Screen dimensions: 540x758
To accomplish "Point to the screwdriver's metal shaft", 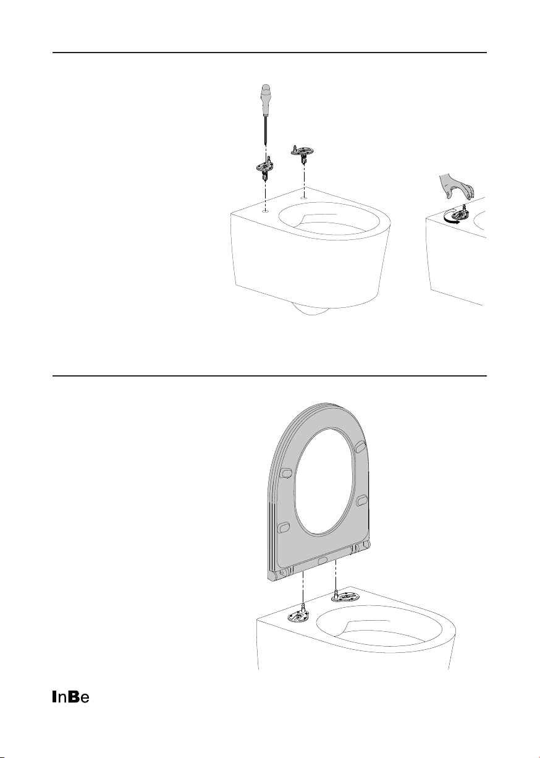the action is pyautogui.click(x=266, y=130).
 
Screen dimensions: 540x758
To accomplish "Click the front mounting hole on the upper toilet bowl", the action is pyautogui.click(x=266, y=211).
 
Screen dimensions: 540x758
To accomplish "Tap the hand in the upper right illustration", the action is pyautogui.click(x=457, y=186).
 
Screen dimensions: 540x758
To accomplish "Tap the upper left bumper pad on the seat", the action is pyautogui.click(x=287, y=472).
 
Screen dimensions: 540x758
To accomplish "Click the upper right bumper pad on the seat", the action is pyautogui.click(x=360, y=446).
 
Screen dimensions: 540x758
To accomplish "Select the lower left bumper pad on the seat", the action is pyautogui.click(x=284, y=527).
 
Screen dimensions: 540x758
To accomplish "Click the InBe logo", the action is pyautogui.click(x=70, y=697).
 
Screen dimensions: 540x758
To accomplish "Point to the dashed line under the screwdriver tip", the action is pyautogui.click(x=266, y=151).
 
